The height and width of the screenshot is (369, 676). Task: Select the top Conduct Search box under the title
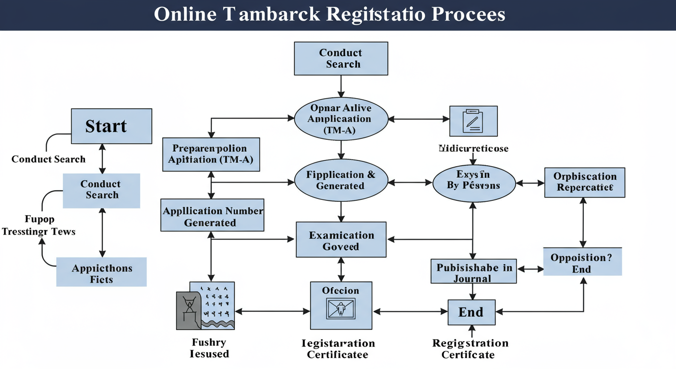(340, 59)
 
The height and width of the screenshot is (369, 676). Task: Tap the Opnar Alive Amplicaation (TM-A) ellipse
(340, 119)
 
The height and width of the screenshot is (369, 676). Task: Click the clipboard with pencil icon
(473, 121)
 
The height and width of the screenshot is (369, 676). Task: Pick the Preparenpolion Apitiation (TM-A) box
(211, 154)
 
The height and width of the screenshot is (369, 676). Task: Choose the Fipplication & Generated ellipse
(340, 180)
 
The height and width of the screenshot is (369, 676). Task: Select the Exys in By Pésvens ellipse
(473, 180)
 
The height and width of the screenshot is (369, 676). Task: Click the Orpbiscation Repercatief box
(584, 182)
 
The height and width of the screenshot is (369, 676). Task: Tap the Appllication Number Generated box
(213, 217)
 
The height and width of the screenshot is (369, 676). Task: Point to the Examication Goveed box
(341, 240)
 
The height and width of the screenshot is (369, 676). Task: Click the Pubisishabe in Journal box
(473, 272)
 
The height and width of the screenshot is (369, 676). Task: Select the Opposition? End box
(582, 263)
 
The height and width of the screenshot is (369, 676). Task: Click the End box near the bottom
(471, 312)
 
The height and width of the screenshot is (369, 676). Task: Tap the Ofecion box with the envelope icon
(341, 305)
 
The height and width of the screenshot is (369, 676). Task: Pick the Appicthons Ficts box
(101, 273)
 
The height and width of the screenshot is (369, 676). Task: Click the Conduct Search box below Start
(101, 190)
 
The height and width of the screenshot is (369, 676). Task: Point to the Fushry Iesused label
(209, 348)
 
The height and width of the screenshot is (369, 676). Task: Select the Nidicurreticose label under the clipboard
(473, 148)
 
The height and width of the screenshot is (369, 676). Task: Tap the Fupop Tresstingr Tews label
(38, 226)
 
